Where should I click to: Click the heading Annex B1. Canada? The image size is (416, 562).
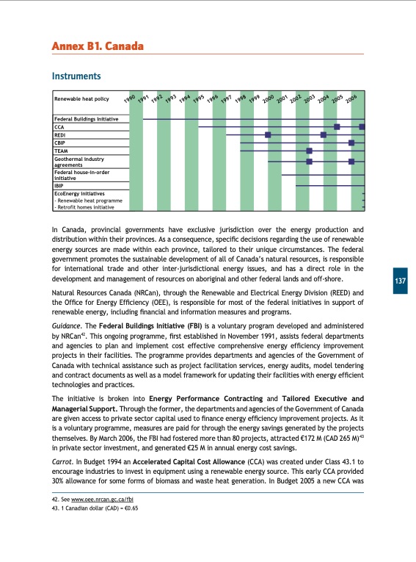pos(96,47)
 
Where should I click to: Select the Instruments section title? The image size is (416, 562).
pos(76,76)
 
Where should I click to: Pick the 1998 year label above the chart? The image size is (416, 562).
pos(240,98)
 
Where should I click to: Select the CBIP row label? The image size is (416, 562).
pos(61,143)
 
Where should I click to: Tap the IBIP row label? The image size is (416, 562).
pos(60,186)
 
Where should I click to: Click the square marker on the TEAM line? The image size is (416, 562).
pos(310,151)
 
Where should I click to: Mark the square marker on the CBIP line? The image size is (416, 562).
pos(351,143)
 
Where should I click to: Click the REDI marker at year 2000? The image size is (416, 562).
pos(268,134)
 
